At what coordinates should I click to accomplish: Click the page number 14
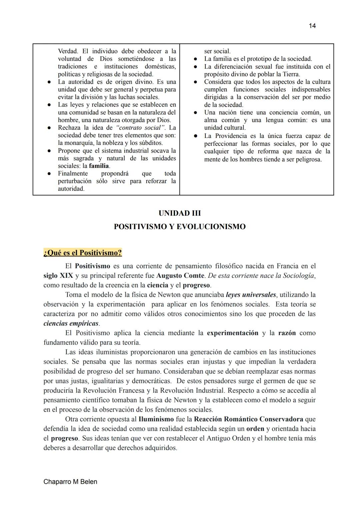point(312,26)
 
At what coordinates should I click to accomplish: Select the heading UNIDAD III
point(180,213)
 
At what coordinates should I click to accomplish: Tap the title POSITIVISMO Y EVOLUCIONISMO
point(180,227)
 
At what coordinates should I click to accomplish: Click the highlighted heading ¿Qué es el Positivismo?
point(83,253)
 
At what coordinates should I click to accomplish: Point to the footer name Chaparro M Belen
point(70,482)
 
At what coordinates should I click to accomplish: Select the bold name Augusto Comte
point(180,276)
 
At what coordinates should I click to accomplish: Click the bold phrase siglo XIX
point(58,276)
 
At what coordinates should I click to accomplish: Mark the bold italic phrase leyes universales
point(251,295)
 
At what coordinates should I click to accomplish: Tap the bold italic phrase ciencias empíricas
point(71,323)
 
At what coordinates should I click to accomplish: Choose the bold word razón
point(287,333)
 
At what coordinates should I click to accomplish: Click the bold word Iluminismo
point(156,419)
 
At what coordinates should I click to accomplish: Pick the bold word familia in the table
point(99,166)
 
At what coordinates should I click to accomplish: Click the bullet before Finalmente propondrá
point(49,174)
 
